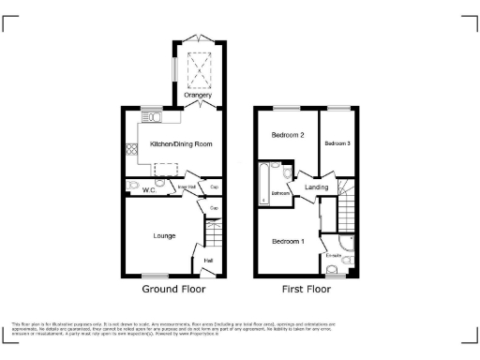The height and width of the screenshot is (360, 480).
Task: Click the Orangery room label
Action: (x=198, y=95)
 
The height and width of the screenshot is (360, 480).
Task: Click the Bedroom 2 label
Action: (x=288, y=135)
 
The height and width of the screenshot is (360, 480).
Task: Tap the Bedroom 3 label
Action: (x=337, y=143)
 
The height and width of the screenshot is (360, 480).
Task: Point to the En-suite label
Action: (x=333, y=255)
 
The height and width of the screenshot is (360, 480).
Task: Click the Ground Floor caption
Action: (x=173, y=290)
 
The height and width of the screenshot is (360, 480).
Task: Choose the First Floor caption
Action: (x=306, y=290)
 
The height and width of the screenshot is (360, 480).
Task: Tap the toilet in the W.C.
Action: (x=132, y=185)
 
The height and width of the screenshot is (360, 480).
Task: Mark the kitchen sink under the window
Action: (x=151, y=119)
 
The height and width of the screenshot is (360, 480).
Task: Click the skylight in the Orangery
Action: (x=198, y=67)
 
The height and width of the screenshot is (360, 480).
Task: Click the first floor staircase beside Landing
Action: (x=346, y=201)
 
